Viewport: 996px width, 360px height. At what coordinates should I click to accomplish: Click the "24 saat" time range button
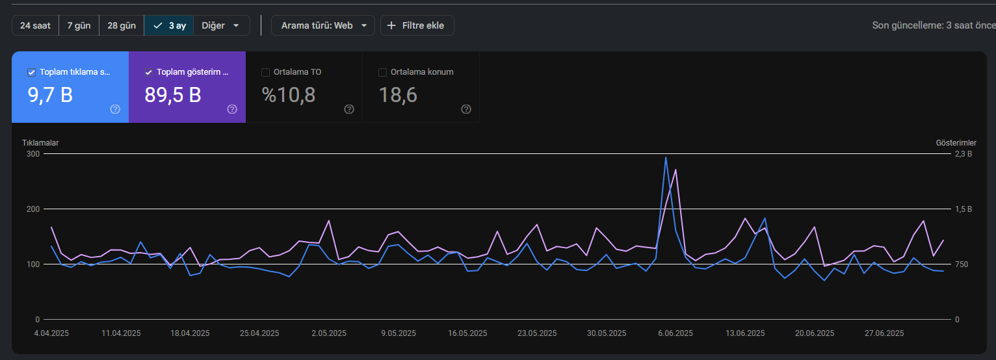(x=35, y=25)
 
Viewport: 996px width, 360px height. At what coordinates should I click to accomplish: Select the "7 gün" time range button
(x=79, y=25)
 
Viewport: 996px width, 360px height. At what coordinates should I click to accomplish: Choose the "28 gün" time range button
(x=122, y=25)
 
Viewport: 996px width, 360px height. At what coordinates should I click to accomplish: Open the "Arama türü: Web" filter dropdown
(x=323, y=25)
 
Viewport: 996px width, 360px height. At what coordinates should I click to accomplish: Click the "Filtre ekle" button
(x=417, y=25)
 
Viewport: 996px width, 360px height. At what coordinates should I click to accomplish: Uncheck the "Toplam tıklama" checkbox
(x=32, y=72)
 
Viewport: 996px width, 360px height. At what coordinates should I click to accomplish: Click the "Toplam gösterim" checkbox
(x=148, y=72)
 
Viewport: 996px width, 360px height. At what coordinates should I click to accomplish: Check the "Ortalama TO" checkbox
(x=265, y=72)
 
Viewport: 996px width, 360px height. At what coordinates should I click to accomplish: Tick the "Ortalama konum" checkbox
(x=382, y=72)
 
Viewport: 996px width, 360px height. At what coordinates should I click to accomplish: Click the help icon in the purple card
(x=232, y=109)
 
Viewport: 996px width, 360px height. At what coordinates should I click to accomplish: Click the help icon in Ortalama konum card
(x=466, y=109)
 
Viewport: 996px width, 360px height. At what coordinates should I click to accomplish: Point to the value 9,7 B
(x=50, y=95)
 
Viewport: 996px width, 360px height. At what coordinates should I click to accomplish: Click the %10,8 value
(x=289, y=95)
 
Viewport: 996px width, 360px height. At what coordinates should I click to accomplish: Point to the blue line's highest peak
(x=666, y=157)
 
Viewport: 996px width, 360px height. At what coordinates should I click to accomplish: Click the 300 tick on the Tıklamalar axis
(x=33, y=154)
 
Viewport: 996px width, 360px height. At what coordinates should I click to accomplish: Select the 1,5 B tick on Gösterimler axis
(x=963, y=209)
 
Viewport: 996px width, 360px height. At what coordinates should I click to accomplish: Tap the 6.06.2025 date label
(x=675, y=333)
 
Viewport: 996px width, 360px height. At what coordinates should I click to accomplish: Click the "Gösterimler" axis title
(x=956, y=143)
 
